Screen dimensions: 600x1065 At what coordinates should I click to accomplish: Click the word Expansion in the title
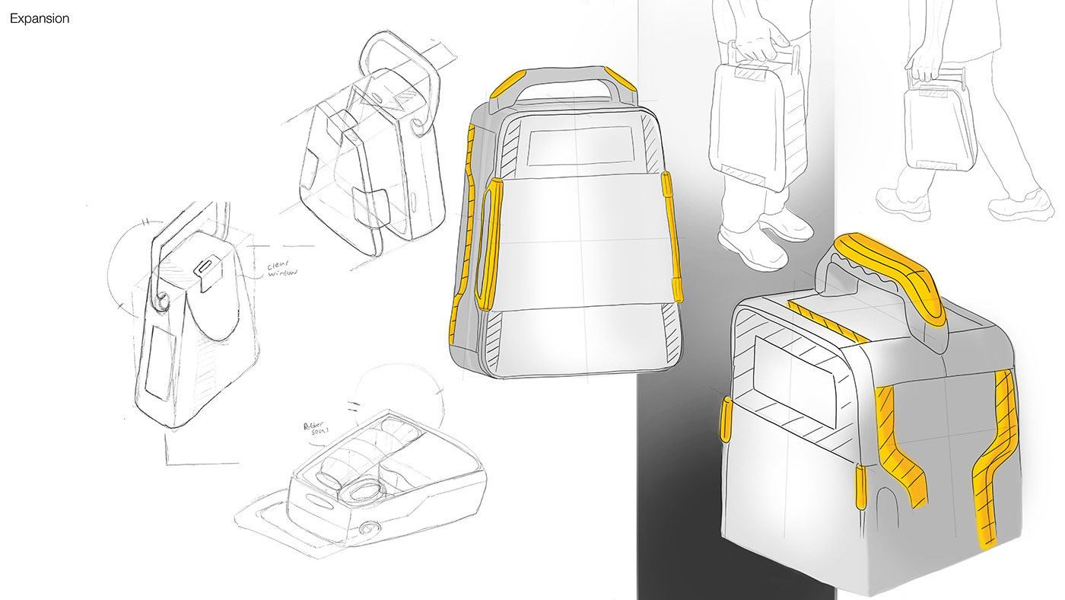(39, 19)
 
